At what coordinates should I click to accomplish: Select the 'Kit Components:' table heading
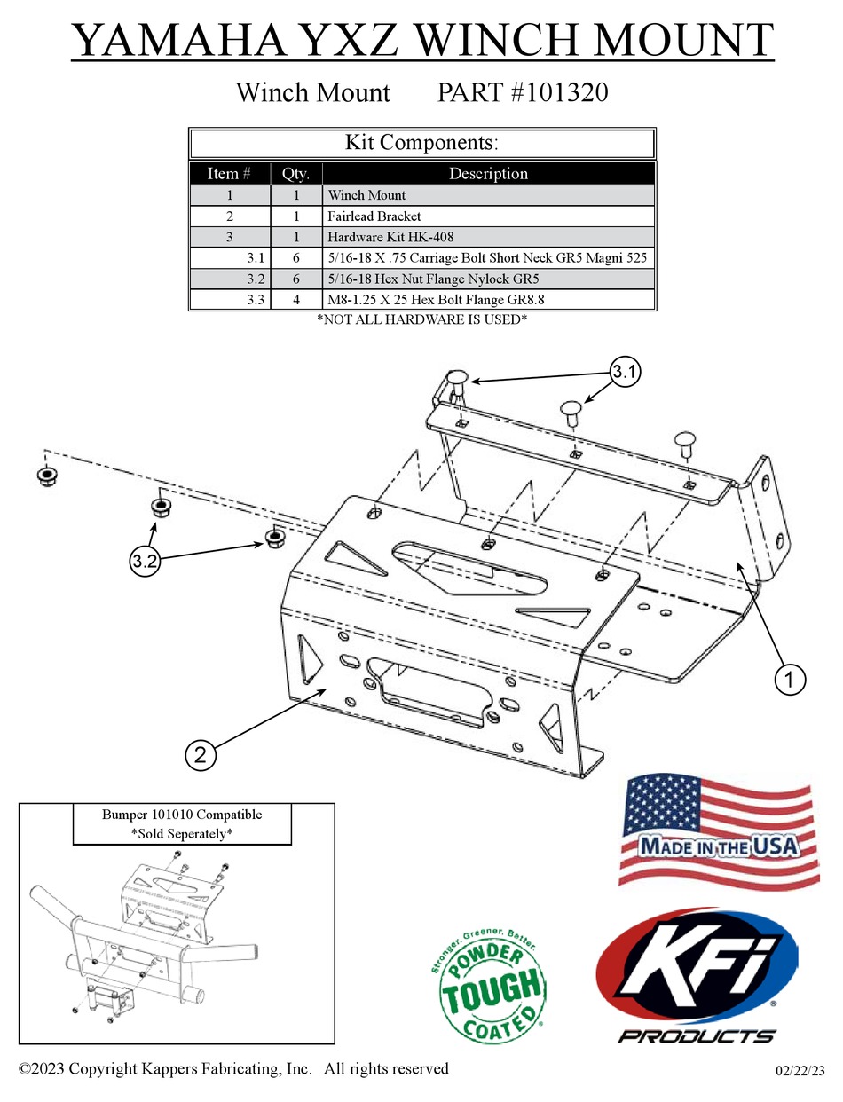pyautogui.click(x=421, y=143)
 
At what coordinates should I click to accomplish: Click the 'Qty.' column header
pyautogui.click(x=295, y=174)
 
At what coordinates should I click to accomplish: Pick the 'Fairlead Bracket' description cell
pyautogui.click(x=374, y=216)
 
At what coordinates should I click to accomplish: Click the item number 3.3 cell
pyautogui.click(x=256, y=300)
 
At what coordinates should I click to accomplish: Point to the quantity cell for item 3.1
pyautogui.click(x=295, y=258)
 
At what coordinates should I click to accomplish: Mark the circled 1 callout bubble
pyautogui.click(x=790, y=680)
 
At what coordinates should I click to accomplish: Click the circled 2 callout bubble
pyautogui.click(x=201, y=755)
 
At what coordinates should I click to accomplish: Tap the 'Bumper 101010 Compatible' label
pyautogui.click(x=181, y=814)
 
